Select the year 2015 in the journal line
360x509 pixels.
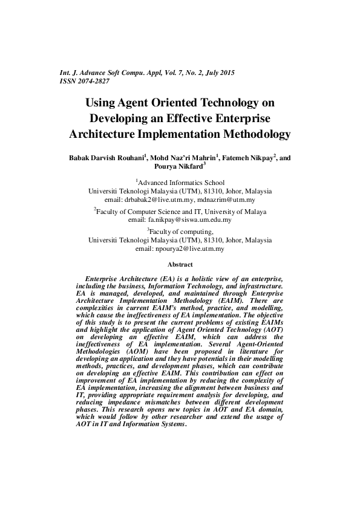coord(225,73)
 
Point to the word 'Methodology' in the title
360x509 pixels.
coord(248,134)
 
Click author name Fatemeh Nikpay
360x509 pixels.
coord(249,158)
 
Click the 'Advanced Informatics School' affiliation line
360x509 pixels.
coord(180,182)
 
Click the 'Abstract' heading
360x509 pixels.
coord(180,265)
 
